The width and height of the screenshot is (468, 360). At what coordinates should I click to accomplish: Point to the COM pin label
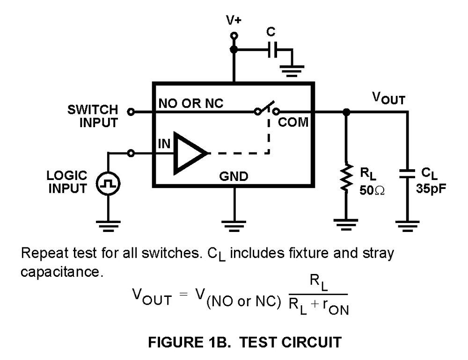pos(293,123)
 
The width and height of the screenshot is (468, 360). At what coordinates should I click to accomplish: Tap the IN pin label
pos(164,144)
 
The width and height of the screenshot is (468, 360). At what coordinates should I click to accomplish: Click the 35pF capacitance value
pos(430,190)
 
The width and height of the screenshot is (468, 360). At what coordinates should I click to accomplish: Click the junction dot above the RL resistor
pos(346,112)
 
